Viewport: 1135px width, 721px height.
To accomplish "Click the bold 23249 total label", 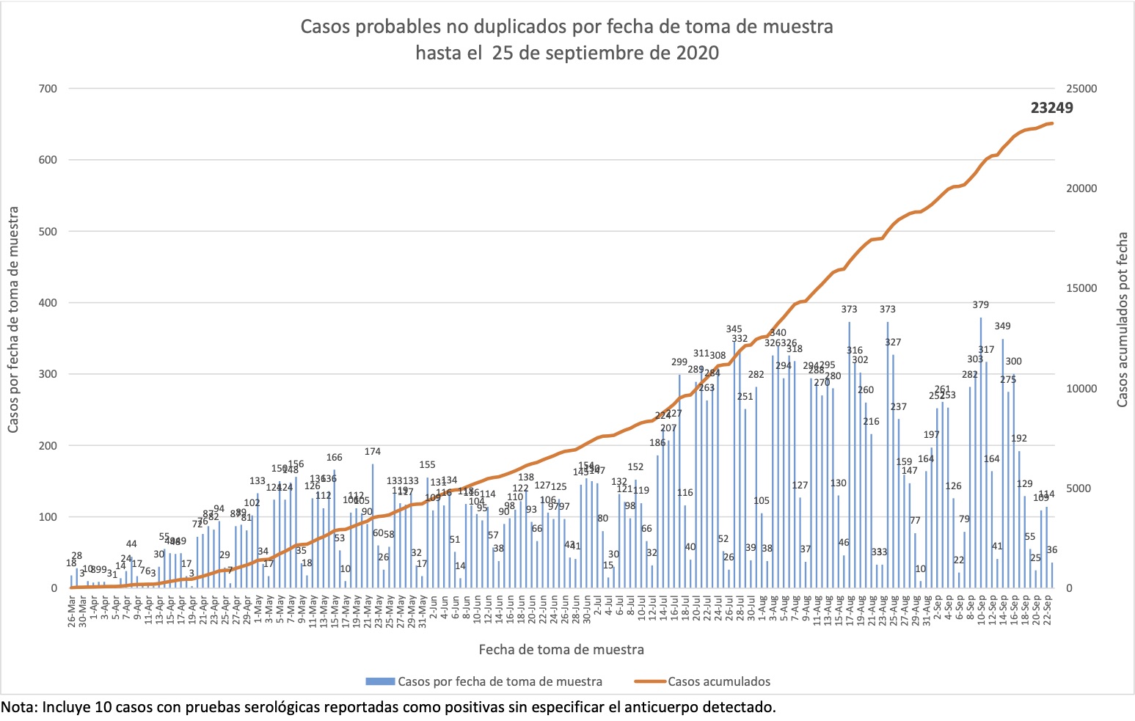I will pos(1051,109).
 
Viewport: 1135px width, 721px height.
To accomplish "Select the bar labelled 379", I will pos(981,455).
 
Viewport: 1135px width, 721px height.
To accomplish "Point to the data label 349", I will pos(1002,326).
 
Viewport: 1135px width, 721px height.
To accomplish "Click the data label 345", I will pos(734,329).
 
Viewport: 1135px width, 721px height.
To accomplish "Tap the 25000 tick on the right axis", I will pos(1082,89).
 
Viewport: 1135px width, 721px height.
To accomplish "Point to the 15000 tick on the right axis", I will pos(1082,288).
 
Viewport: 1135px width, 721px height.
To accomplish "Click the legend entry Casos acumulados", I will pos(718,681).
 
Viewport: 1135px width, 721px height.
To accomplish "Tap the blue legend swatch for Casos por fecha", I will pos(381,681).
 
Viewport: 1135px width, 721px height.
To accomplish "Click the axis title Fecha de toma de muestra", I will pos(561,650).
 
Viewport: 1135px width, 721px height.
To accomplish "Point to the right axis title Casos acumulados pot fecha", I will pos(1122,320).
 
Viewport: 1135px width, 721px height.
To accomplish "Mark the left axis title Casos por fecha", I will pos(13,320).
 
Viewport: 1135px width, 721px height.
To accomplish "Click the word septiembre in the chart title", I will pos(614,53).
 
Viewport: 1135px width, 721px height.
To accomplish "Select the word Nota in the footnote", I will pos(18,708).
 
